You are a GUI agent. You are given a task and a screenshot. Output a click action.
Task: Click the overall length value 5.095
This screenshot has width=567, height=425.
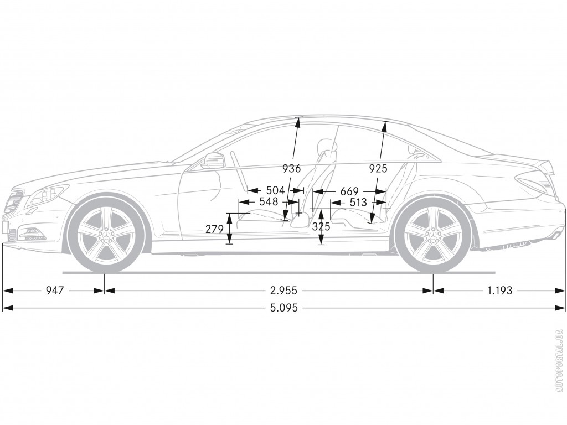[x=284, y=308]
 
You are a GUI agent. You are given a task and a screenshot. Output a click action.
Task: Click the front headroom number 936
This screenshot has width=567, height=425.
[x=292, y=168]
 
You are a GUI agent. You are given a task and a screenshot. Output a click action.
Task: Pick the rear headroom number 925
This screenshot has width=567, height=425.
[x=378, y=168]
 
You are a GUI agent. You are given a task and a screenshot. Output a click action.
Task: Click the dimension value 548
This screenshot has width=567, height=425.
[x=269, y=201]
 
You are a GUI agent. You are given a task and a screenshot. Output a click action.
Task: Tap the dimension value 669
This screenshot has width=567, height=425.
[x=349, y=191]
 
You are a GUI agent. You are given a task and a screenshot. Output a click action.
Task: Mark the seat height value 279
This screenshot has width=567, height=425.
[x=214, y=229]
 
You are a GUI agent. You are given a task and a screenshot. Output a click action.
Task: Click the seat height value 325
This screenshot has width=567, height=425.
[x=321, y=226]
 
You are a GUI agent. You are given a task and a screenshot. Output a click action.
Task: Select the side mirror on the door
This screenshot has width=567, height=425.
[x=212, y=160]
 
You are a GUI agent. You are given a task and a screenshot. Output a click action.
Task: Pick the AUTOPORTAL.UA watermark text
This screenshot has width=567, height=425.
[x=558, y=360]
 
